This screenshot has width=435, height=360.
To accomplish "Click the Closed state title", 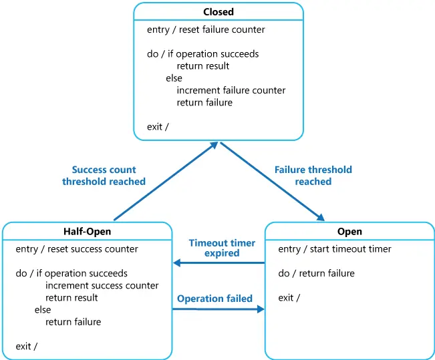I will pyautogui.click(x=219, y=12).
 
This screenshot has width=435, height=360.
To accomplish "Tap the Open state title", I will pyautogui.click(x=349, y=232).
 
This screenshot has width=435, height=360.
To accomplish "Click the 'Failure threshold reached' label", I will pyautogui.click(x=313, y=176).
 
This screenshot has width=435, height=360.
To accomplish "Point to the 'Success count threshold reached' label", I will pyautogui.click(x=104, y=176).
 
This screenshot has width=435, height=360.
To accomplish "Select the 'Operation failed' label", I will pyautogui.click(x=214, y=299).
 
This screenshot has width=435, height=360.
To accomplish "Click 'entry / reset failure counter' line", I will pyautogui.click(x=206, y=29).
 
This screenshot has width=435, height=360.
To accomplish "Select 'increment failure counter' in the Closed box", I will pyautogui.click(x=231, y=90).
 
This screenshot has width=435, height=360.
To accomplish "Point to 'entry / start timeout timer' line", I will pyautogui.click(x=334, y=249).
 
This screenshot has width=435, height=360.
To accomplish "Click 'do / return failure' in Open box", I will pyautogui.click(x=316, y=273).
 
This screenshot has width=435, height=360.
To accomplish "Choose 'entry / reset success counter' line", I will pyautogui.click(x=77, y=249).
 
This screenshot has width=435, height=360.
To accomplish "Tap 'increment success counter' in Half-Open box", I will pyautogui.click(x=102, y=286).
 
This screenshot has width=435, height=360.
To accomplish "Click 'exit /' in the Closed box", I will pyautogui.click(x=158, y=127).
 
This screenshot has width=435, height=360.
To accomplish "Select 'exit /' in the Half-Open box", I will pyautogui.click(x=27, y=346).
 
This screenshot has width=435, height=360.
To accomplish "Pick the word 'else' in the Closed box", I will pyautogui.click(x=174, y=78).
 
